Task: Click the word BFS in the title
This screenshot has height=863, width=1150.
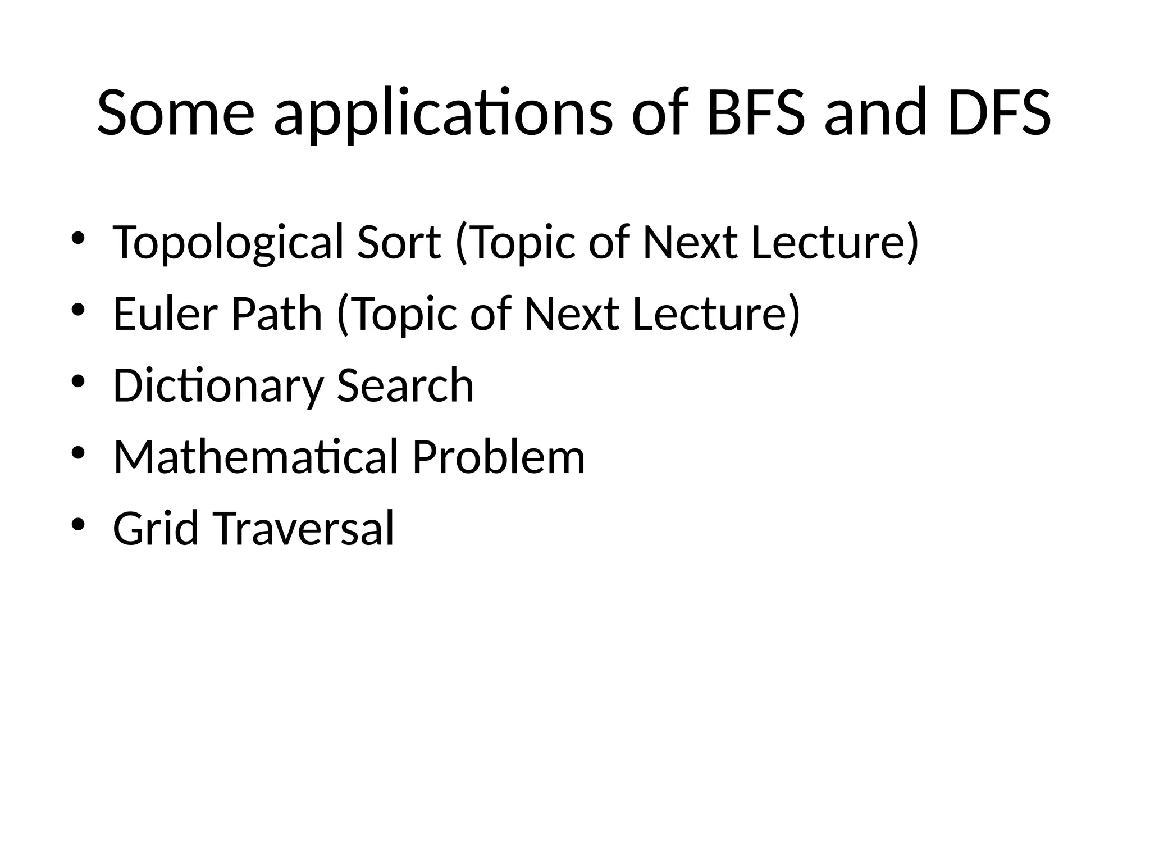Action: (755, 112)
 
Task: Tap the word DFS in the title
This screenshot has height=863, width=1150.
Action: (999, 112)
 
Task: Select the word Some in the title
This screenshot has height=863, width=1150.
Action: (176, 112)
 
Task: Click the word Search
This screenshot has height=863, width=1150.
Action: (405, 385)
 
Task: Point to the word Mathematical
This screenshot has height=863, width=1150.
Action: (255, 457)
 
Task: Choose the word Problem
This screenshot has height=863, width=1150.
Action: (499, 457)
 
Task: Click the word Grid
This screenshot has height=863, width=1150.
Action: (156, 528)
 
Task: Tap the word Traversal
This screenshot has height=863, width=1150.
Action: (304, 528)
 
